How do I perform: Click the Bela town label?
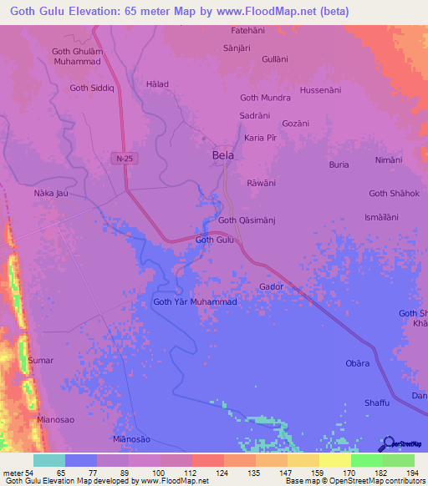(223, 155)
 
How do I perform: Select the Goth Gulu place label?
(214, 240)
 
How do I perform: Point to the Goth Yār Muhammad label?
(196, 301)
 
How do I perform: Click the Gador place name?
(272, 286)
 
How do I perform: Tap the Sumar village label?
(41, 361)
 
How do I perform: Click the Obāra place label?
(358, 363)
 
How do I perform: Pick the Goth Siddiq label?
(90, 88)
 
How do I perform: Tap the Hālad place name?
(157, 84)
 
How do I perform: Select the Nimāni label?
(389, 159)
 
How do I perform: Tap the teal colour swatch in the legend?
(49, 460)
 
